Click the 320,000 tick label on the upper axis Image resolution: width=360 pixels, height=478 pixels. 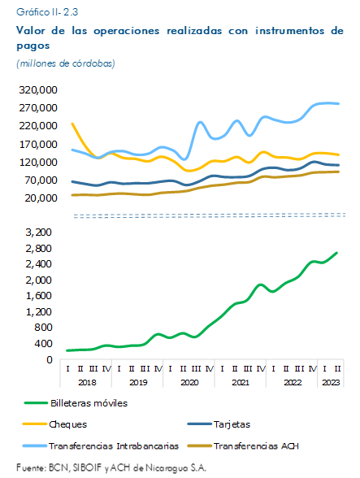[38, 90]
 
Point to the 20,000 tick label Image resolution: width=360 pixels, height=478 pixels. [41, 198]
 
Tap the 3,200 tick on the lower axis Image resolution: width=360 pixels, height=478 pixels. [39, 232]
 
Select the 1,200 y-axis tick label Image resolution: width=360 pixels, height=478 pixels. [39, 311]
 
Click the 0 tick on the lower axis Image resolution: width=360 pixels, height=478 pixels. [49, 359]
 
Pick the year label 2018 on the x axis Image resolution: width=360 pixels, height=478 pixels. [87, 382]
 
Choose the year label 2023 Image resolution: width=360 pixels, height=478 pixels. [331, 382]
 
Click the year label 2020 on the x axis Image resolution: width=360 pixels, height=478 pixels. [189, 382]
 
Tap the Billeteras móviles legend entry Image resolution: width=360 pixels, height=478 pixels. [76, 403]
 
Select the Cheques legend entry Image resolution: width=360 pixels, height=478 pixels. [55, 424]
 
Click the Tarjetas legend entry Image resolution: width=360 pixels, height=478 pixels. [219, 424]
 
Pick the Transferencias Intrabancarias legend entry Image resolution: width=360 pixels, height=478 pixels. [101, 446]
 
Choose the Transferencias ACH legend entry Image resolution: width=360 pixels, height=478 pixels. [243, 446]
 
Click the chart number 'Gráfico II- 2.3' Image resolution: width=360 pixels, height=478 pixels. [47, 12]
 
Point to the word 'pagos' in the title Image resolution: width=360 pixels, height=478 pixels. [33, 46]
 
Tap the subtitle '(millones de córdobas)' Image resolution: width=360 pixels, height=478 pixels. [66, 63]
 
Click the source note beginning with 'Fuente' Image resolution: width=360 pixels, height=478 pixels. [111, 467]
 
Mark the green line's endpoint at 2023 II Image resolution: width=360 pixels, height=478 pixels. [336, 253]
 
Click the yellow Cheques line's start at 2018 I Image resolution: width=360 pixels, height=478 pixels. [72, 124]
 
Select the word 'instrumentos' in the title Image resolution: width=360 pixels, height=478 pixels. [289, 31]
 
